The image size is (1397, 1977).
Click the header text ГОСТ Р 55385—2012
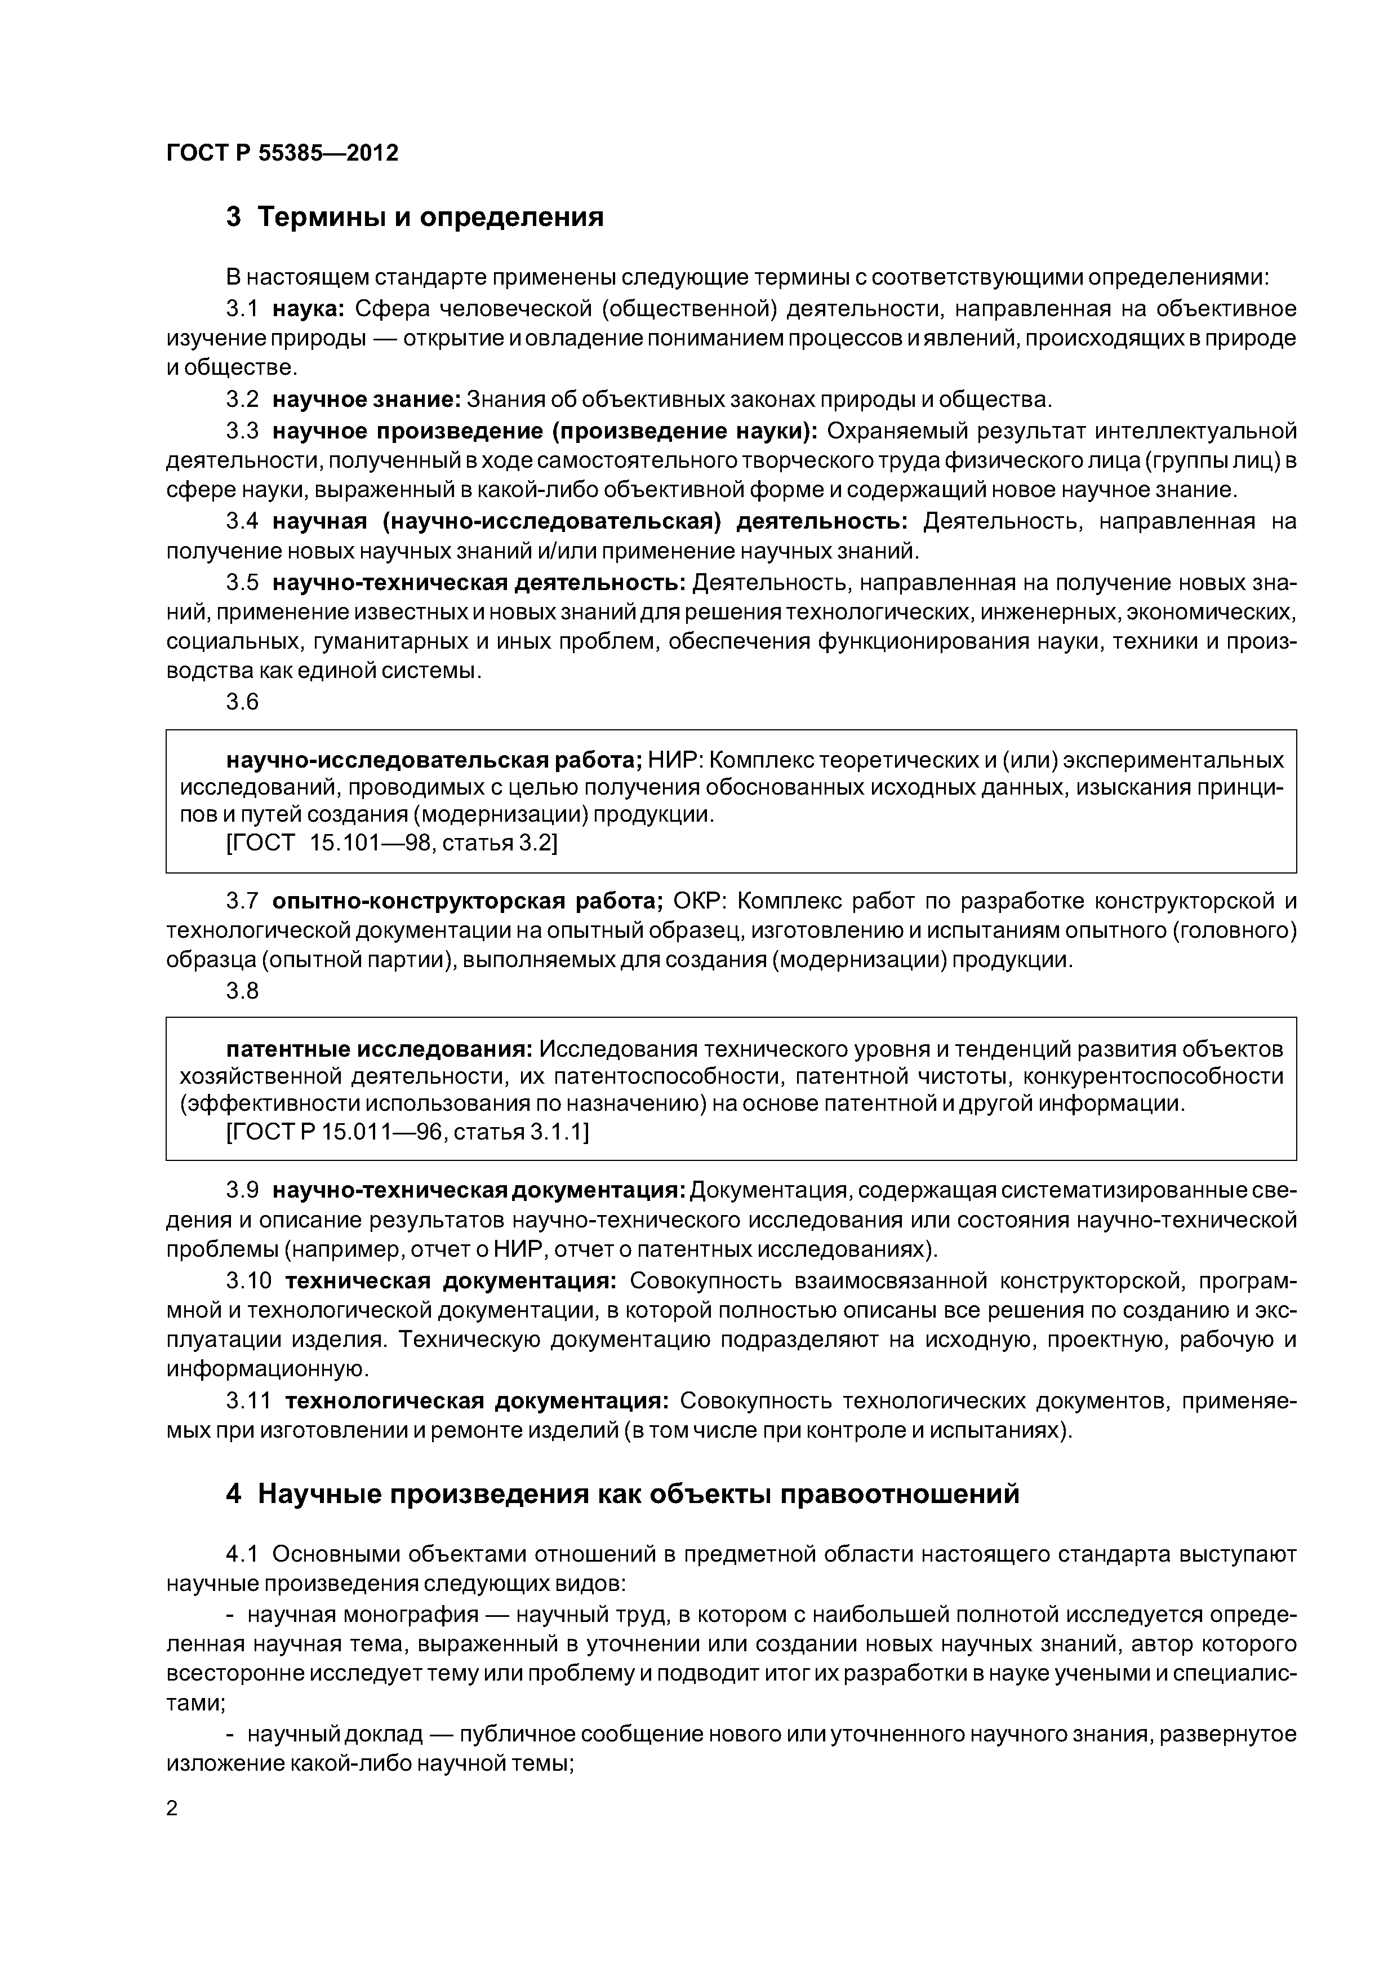[x=282, y=153]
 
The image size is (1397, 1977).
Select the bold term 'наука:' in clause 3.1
[x=308, y=308]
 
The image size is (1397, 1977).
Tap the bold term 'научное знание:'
[x=367, y=400]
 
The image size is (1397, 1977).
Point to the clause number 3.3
[x=242, y=431]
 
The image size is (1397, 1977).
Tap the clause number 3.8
[x=242, y=991]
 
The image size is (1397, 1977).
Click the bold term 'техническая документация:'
[x=450, y=1281]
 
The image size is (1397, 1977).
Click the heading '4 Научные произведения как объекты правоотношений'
[x=621, y=1494]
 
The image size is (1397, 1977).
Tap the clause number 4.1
[x=242, y=1554]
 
